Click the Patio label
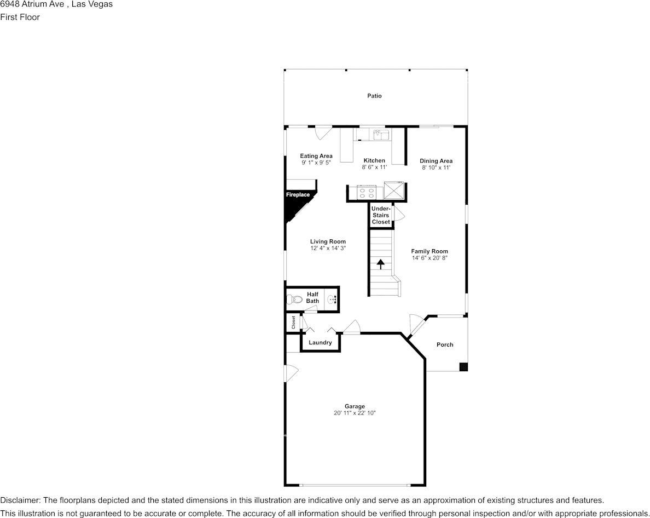point(374,96)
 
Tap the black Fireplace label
point(298,194)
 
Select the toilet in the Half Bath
point(295,300)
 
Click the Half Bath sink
point(332,300)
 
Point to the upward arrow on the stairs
point(380,264)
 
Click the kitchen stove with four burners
point(366,193)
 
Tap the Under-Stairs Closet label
point(381,215)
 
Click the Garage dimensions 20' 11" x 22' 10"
point(355,413)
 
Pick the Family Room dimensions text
point(430,258)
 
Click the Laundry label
point(320,343)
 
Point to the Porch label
point(445,344)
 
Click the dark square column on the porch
point(463,366)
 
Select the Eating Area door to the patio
point(323,133)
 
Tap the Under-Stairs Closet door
point(398,214)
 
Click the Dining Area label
point(436,161)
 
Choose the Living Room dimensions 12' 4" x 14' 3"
point(328,248)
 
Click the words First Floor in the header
point(20,17)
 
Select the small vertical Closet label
point(294,322)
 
